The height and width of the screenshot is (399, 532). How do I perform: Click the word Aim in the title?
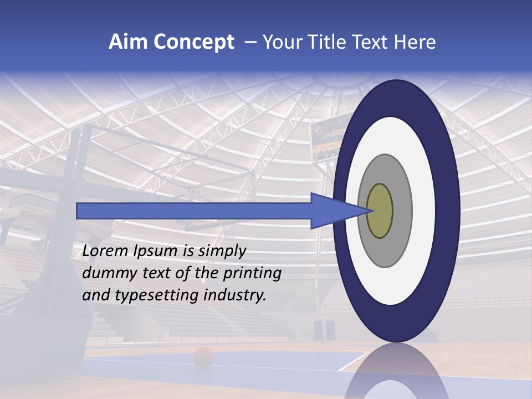click(x=128, y=42)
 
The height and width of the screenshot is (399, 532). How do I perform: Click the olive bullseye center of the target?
click(x=380, y=211)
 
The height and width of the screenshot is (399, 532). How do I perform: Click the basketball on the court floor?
click(x=203, y=357)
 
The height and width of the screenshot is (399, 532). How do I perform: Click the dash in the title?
click(x=250, y=43)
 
